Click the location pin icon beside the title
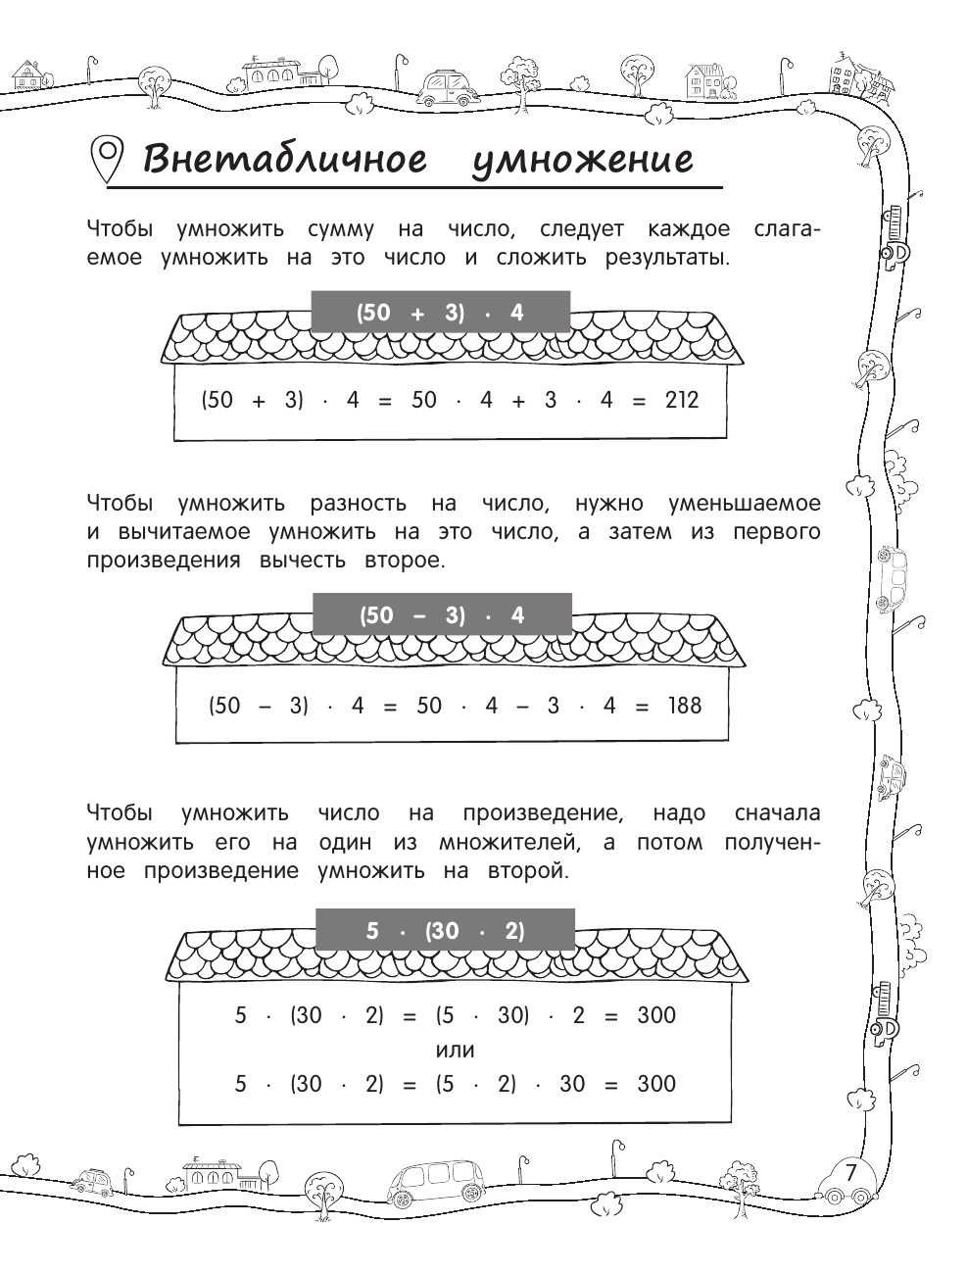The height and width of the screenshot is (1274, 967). [x=106, y=158]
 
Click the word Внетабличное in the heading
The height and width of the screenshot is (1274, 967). [x=285, y=158]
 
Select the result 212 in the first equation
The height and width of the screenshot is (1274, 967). [x=679, y=400]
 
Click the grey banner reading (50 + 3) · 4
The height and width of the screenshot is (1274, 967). [x=440, y=313]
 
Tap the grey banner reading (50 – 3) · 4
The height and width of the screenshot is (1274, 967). [x=441, y=615]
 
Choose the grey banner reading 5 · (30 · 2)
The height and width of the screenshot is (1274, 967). [x=445, y=931]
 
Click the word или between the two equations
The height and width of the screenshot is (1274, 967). [x=455, y=1050]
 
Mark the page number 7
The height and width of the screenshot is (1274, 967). [x=850, y=1171]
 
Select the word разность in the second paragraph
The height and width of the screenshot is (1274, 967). [x=358, y=504]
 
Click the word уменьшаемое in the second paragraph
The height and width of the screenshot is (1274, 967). [x=744, y=504]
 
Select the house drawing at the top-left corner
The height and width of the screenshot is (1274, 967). [x=28, y=76]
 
